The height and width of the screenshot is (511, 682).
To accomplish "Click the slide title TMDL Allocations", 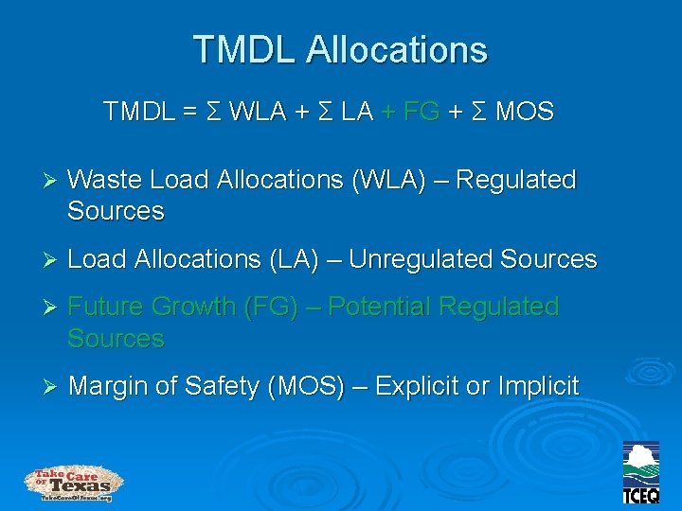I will point(340,49).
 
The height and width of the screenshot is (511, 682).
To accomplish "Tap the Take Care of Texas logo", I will point(74,483).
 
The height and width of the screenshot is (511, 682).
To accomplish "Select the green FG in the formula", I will point(421,113).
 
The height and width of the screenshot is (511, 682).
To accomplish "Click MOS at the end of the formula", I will point(525,113).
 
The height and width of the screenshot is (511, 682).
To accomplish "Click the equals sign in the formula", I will point(190,113).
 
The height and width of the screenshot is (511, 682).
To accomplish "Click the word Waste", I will point(106,180).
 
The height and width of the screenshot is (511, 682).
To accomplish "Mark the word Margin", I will point(108,386).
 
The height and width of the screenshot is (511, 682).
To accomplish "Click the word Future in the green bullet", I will point(106,307).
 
